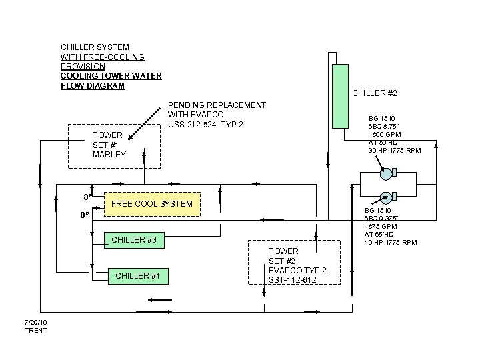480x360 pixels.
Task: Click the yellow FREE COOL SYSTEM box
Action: [152, 204]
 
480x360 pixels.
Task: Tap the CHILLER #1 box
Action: [138, 276]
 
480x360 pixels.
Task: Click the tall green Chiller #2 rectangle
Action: [341, 96]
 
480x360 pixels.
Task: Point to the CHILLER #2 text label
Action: [375, 92]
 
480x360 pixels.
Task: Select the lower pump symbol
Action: [386, 197]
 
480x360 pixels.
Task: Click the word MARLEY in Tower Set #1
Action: [109, 154]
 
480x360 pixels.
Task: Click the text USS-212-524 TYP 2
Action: [205, 125]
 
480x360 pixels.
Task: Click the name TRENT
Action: [36, 330]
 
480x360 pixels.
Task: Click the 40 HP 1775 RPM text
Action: [390, 242]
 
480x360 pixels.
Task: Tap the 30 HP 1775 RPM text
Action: [395, 150]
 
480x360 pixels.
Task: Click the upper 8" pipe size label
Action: [87, 197]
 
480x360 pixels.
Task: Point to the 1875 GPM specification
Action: [381, 226]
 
